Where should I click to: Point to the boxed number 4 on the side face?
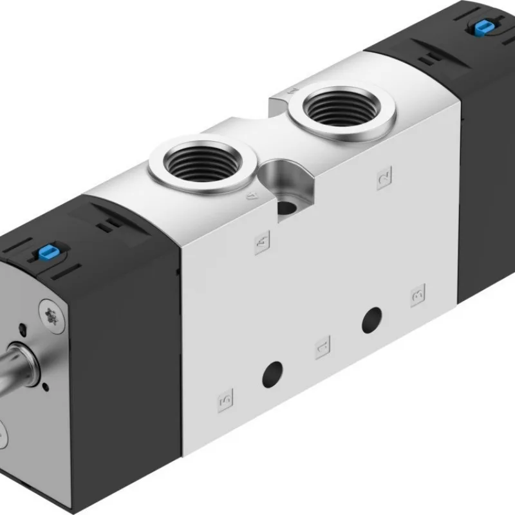pyautogui.click(x=262, y=243)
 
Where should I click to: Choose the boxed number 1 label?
pyautogui.click(x=321, y=348)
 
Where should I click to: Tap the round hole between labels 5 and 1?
pyautogui.click(x=272, y=373)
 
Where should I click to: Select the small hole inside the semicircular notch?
pyautogui.click(x=284, y=208)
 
